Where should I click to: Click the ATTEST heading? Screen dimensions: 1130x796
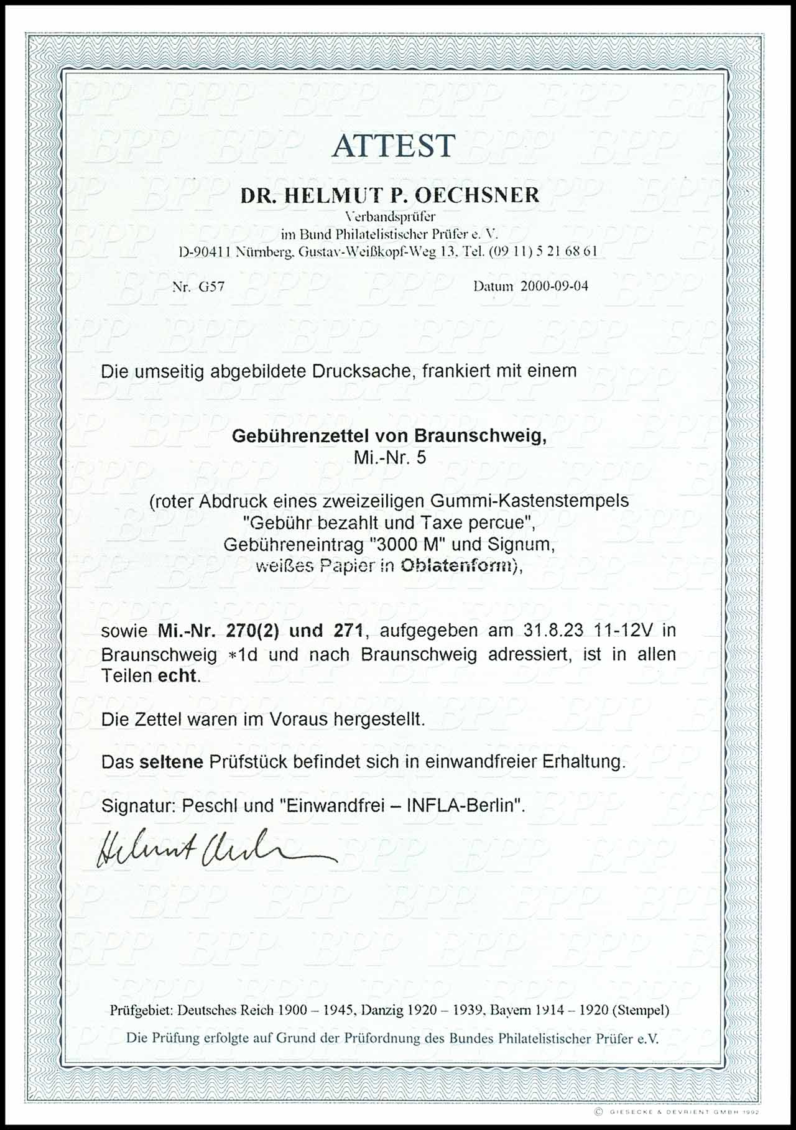pos(394,147)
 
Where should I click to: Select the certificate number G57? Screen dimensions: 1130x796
pos(211,287)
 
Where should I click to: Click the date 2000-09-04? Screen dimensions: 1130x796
pos(554,286)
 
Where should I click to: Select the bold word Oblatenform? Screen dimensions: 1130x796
pos(456,566)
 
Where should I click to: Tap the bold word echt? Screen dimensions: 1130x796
pos(178,676)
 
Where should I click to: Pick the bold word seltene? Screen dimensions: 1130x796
pos(171,762)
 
